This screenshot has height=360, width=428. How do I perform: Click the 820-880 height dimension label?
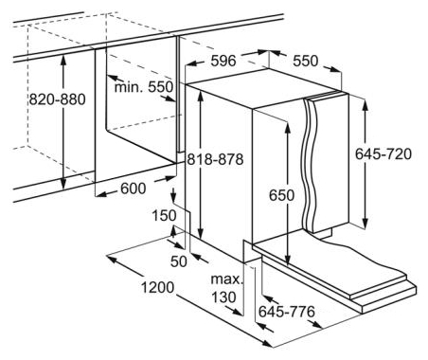tap(57, 99)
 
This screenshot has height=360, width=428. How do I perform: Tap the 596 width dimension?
tap(223, 61)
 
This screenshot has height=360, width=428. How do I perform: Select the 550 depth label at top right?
tap(306, 61)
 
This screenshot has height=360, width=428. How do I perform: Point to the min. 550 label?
tap(144, 87)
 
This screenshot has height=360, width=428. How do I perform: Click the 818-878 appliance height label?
tap(215, 159)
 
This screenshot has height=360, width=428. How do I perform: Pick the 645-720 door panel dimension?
tap(383, 154)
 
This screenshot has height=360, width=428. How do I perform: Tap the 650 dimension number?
tap(281, 195)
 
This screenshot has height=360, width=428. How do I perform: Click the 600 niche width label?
tap(134, 189)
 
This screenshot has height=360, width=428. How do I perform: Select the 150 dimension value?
tap(164, 216)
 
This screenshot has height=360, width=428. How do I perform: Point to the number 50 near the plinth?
tap(179, 261)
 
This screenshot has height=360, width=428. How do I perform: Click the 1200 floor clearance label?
tap(157, 288)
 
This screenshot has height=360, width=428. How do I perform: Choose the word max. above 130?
tap(227, 279)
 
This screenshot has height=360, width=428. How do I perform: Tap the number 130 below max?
tap(223, 297)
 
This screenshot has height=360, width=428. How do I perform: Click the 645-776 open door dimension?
tap(287, 312)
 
